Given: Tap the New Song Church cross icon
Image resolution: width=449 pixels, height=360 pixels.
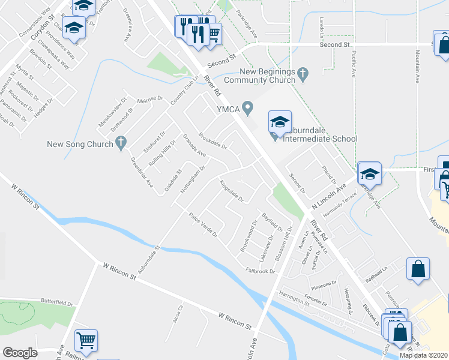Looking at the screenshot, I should coord(121,143).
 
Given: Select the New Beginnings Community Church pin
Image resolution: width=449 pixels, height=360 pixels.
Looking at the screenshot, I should coord(303,75).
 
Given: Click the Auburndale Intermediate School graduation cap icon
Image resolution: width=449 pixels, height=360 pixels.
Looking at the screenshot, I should coord(280,122).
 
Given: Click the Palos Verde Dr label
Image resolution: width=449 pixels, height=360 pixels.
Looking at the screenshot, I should coord(202,225).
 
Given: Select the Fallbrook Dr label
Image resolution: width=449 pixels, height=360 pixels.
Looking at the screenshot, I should coord(260,271).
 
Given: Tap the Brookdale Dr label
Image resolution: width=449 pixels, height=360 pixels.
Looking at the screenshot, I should coord(212,141).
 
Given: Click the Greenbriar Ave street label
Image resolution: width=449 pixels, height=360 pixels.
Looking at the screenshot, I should coord(142,173).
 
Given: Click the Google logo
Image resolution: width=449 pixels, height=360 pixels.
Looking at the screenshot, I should coord(20,353).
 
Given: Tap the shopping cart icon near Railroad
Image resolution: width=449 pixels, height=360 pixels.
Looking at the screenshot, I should coord(86,341).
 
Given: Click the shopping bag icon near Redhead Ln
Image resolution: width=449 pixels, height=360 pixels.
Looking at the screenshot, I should coord(418,270).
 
